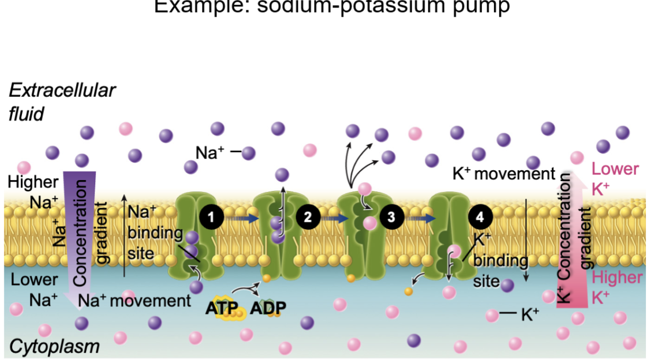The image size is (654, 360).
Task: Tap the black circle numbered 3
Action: (x=391, y=217)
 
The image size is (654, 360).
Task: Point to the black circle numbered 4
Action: (x=480, y=217)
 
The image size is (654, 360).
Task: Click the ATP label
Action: (x=222, y=307)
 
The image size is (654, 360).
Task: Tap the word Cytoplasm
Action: (x=54, y=347)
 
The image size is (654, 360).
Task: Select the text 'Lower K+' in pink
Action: (x=615, y=178)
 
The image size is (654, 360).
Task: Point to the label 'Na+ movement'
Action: (x=134, y=300)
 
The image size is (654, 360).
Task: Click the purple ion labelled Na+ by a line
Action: (x=248, y=153)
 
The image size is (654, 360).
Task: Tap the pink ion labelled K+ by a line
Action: (x=492, y=315)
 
